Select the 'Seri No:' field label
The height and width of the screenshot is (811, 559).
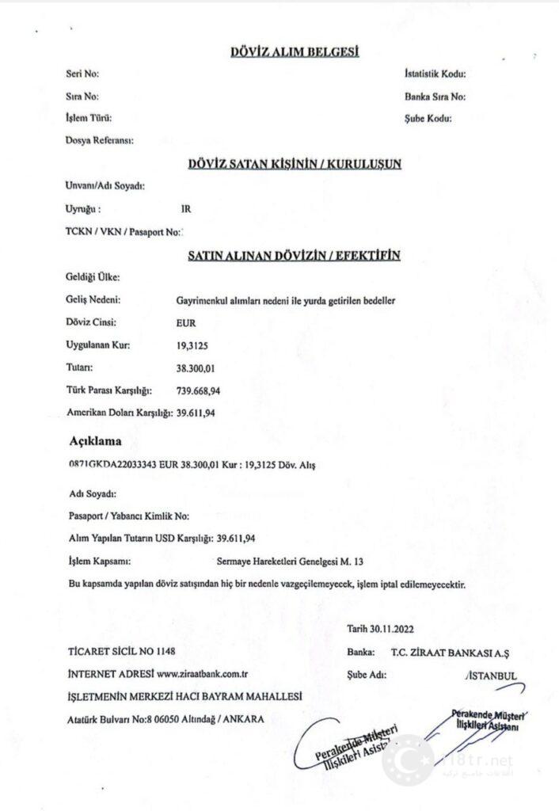click(82, 74)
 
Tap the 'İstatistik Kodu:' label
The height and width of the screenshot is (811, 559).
click(435, 74)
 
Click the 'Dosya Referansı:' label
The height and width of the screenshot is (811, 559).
click(99, 141)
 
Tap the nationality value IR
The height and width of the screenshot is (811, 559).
click(186, 209)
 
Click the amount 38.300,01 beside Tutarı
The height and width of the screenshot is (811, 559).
click(196, 368)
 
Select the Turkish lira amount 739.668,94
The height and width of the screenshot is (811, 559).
click(199, 390)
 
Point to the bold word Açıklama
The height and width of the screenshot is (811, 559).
click(96, 440)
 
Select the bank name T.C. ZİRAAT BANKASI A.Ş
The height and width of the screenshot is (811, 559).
click(453, 653)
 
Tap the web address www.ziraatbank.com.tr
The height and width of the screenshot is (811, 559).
click(203, 674)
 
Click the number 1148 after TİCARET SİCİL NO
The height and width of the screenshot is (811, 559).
click(164, 653)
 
